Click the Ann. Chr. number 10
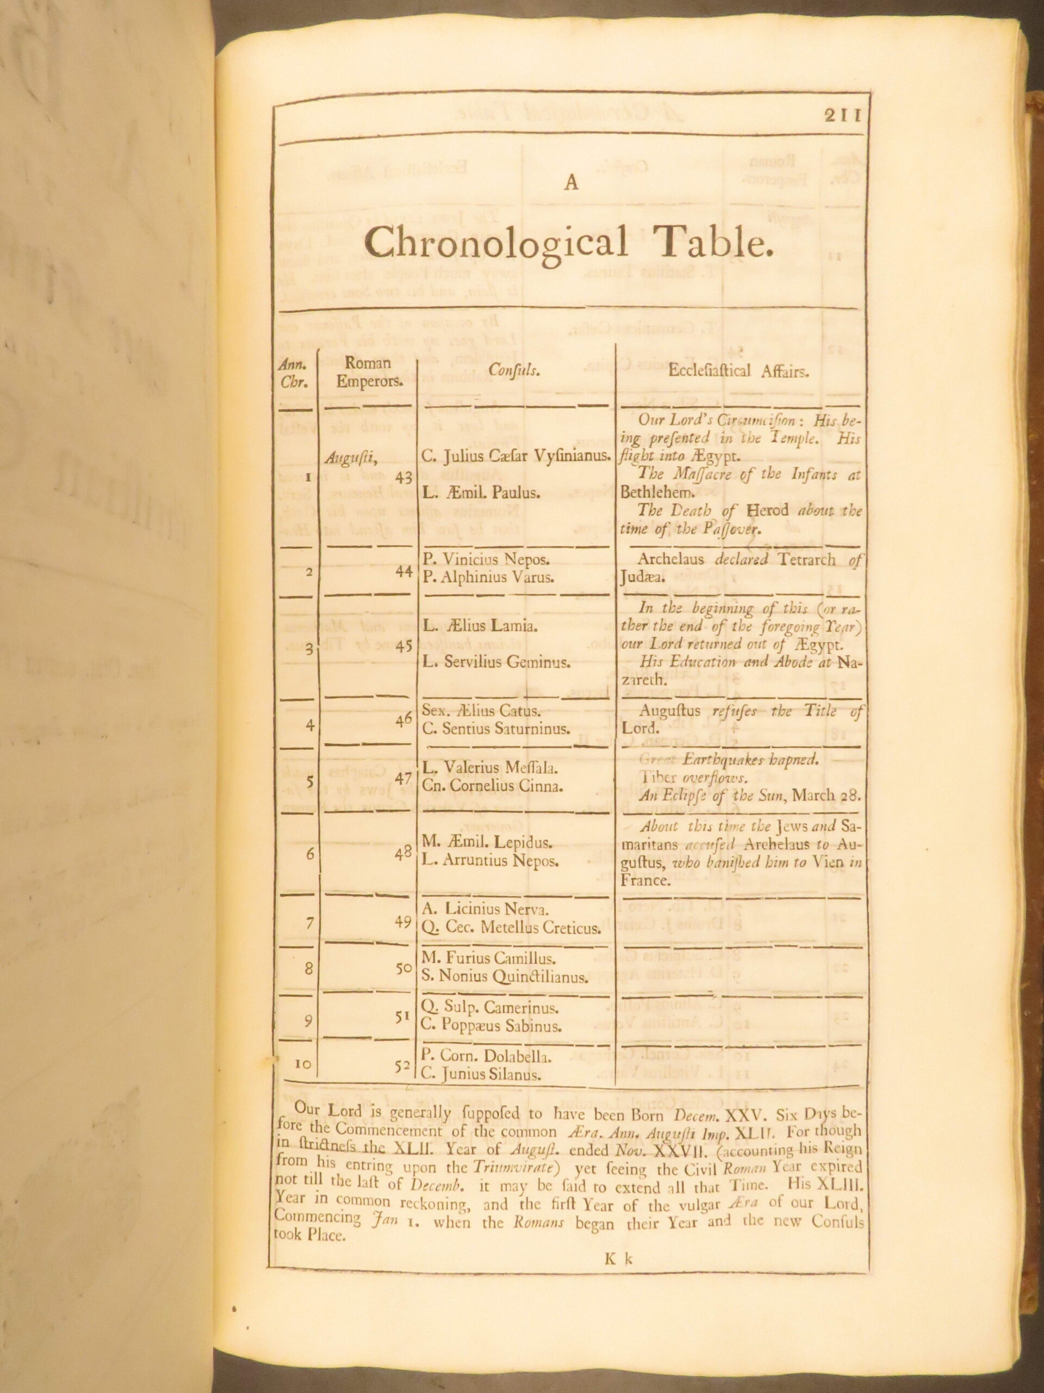pyautogui.click(x=302, y=1064)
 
